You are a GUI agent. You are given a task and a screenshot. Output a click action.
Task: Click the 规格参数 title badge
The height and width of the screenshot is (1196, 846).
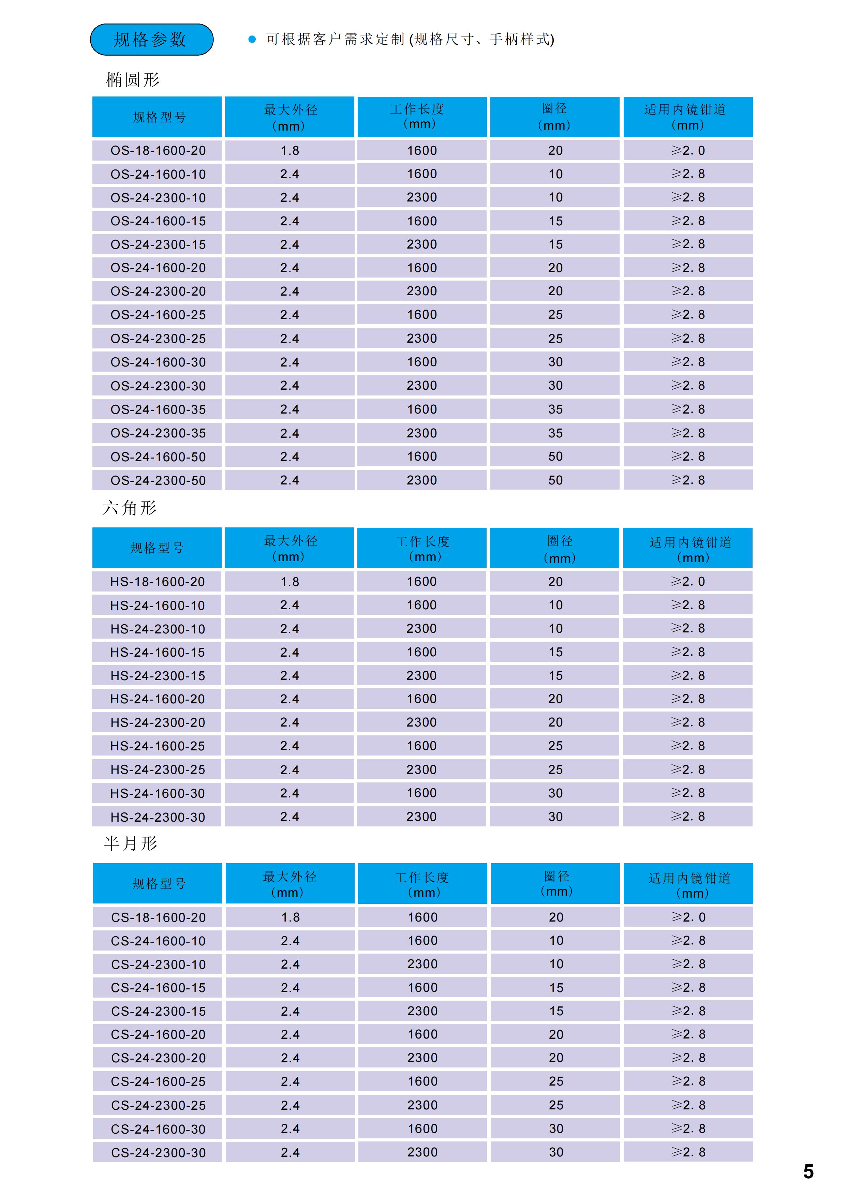click(152, 40)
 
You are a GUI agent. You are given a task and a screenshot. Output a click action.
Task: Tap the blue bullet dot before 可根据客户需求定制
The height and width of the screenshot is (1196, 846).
click(252, 39)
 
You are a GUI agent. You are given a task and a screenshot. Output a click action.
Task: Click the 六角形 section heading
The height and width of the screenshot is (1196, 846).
click(130, 508)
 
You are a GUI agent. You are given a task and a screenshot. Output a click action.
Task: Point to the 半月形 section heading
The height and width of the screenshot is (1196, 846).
click(130, 843)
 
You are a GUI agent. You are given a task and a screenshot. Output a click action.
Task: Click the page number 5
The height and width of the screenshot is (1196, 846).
click(808, 1171)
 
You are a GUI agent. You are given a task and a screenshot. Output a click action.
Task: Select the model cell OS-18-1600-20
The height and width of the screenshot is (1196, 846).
click(158, 151)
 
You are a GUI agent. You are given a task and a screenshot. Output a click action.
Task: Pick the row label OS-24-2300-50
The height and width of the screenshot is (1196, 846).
click(158, 480)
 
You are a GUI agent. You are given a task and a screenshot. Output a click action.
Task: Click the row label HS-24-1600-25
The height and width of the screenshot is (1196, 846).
click(157, 746)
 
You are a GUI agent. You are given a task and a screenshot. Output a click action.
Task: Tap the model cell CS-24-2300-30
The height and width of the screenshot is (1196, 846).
click(158, 1153)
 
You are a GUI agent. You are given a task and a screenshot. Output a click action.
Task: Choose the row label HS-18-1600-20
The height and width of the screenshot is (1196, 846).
click(157, 582)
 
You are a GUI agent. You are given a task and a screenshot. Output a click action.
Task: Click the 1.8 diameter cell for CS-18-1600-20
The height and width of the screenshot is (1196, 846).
click(290, 917)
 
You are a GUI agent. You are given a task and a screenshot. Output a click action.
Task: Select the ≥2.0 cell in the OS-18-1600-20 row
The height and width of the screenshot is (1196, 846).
click(688, 151)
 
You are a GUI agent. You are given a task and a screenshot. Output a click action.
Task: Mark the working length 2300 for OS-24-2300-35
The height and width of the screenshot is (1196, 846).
click(422, 433)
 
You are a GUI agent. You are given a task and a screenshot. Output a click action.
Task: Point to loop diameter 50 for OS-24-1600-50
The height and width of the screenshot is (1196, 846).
click(555, 457)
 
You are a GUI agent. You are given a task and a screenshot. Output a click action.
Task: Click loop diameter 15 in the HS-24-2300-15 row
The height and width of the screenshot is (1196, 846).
click(555, 676)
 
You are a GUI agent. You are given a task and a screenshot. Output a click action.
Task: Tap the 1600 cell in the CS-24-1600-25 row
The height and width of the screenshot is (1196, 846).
click(422, 1081)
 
